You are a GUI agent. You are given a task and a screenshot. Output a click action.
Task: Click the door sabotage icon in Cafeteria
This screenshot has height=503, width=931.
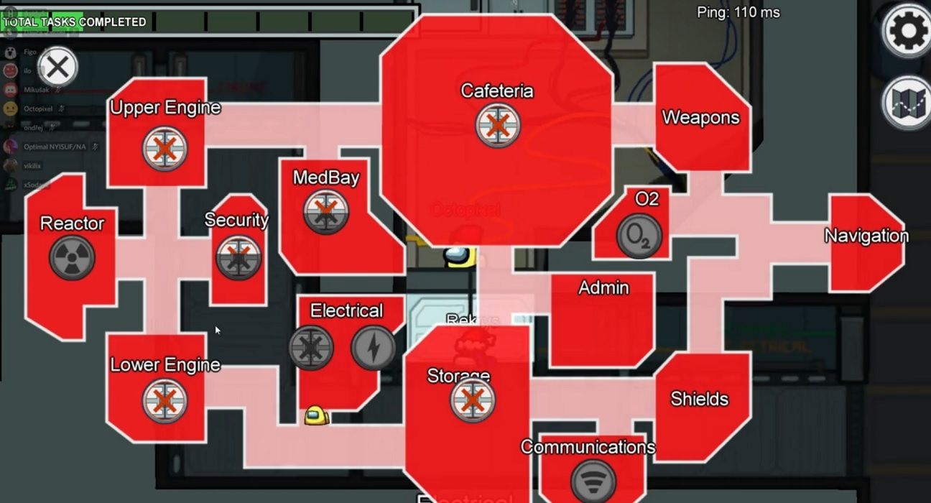point(498,125)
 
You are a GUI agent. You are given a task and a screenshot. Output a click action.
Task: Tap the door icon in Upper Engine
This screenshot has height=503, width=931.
point(165,149)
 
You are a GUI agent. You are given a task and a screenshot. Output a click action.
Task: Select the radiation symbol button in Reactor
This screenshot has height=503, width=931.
point(72,258)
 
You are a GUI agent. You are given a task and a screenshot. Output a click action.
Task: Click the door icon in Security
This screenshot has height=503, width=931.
point(238,257)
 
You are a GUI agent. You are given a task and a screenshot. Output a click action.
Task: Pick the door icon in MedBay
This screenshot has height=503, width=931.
point(326,212)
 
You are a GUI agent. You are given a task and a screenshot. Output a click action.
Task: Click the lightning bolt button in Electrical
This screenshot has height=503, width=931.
point(374,348)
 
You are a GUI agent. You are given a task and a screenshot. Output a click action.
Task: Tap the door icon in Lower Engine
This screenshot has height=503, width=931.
point(165,401)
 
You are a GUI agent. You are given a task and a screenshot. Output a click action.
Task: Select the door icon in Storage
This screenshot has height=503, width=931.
point(473,400)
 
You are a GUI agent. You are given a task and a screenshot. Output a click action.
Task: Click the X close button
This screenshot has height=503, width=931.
point(57,68)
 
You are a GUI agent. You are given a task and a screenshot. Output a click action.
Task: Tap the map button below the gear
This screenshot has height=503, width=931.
point(907,103)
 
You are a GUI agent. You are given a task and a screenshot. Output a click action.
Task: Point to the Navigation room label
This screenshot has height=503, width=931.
point(866,236)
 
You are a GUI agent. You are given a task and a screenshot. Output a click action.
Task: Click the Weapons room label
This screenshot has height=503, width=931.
point(700,117)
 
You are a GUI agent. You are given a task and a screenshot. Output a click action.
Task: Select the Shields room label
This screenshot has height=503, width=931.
point(699,399)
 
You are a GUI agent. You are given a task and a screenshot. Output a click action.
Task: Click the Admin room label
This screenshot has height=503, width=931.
point(603,287)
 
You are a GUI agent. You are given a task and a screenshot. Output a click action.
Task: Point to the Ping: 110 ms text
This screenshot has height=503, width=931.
point(738,12)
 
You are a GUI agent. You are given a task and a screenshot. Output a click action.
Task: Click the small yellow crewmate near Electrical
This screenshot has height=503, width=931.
point(316,415)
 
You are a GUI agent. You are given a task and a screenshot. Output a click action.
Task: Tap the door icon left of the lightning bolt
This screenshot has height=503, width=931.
point(311,348)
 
